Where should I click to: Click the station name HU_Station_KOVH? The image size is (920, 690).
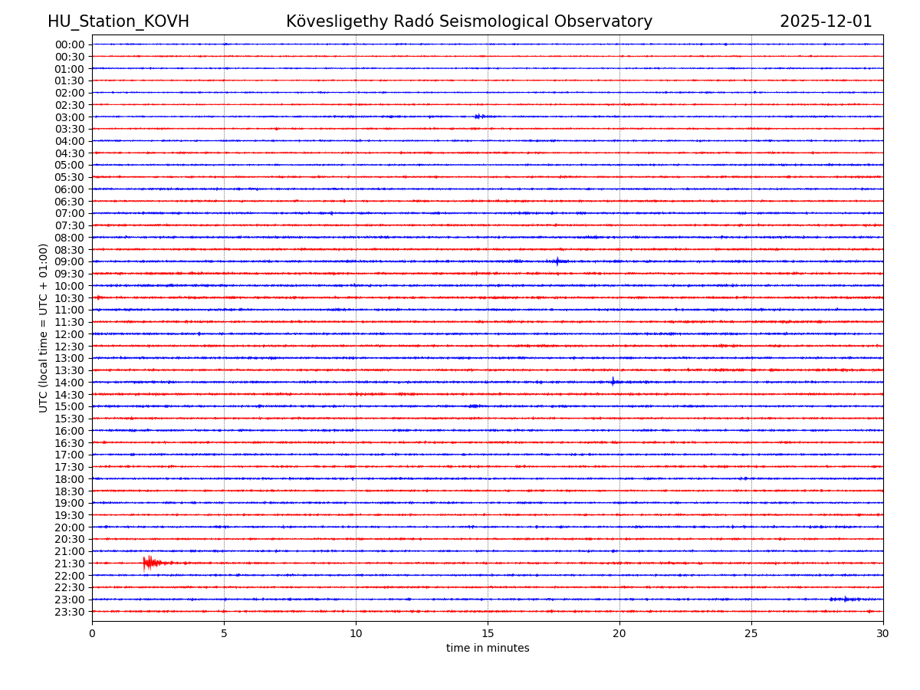tap(118, 21)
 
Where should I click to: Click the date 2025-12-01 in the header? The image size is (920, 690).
tap(826, 21)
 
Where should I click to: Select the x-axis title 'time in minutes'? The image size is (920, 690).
tap(488, 649)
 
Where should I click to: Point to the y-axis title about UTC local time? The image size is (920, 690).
tap(44, 327)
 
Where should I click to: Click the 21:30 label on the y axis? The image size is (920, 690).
tap(70, 563)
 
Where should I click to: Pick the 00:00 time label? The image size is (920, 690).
tap(70, 44)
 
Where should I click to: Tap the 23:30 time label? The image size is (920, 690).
tap(70, 612)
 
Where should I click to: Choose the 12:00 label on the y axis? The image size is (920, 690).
tap(70, 334)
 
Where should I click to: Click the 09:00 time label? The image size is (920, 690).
tap(70, 261)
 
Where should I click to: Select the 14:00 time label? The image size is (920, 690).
tap(70, 383)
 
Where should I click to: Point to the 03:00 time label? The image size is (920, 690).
tap(70, 117)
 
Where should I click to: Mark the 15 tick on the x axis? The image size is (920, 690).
tap(488, 633)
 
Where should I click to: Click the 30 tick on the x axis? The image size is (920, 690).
tap(883, 633)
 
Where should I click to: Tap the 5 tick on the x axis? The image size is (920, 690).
tap(224, 633)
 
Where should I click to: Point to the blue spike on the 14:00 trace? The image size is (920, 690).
tap(613, 382)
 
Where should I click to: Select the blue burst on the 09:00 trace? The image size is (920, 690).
tap(558, 261)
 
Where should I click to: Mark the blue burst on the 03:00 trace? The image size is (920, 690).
tap(478, 117)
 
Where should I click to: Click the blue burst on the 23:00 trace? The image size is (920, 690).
tap(846, 599)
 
